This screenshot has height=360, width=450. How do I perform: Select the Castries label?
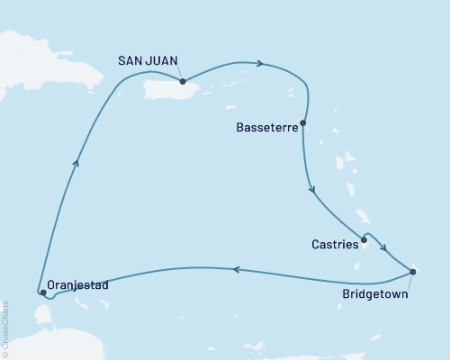(x=332, y=242)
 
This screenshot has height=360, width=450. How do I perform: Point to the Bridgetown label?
(x=376, y=293)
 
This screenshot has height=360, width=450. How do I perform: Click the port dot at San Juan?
(x=183, y=80)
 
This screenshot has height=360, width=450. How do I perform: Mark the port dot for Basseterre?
(x=303, y=122)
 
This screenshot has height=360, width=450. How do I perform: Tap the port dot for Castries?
(x=364, y=240)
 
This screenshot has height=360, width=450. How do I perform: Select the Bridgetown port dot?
(x=412, y=271)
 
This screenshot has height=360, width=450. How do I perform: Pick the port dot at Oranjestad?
(x=43, y=292)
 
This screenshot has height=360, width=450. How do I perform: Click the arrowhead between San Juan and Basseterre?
(x=260, y=64)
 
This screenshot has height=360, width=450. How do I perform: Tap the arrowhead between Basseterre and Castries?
(x=312, y=190)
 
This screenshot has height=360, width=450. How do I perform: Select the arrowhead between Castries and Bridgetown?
(x=383, y=252)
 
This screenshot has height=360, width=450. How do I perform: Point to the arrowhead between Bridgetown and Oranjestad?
(x=236, y=268)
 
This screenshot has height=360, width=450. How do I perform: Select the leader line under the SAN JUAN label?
(x=179, y=73)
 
